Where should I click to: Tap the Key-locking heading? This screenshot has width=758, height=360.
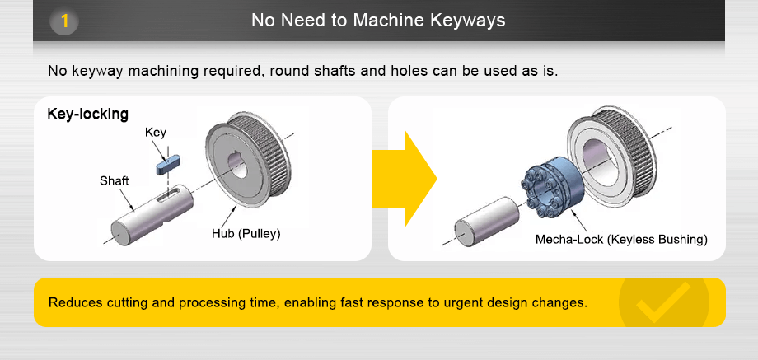88,114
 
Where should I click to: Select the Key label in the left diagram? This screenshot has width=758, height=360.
155,132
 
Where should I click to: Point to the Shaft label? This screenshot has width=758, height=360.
115,180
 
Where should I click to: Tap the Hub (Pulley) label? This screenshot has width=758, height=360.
246,233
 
